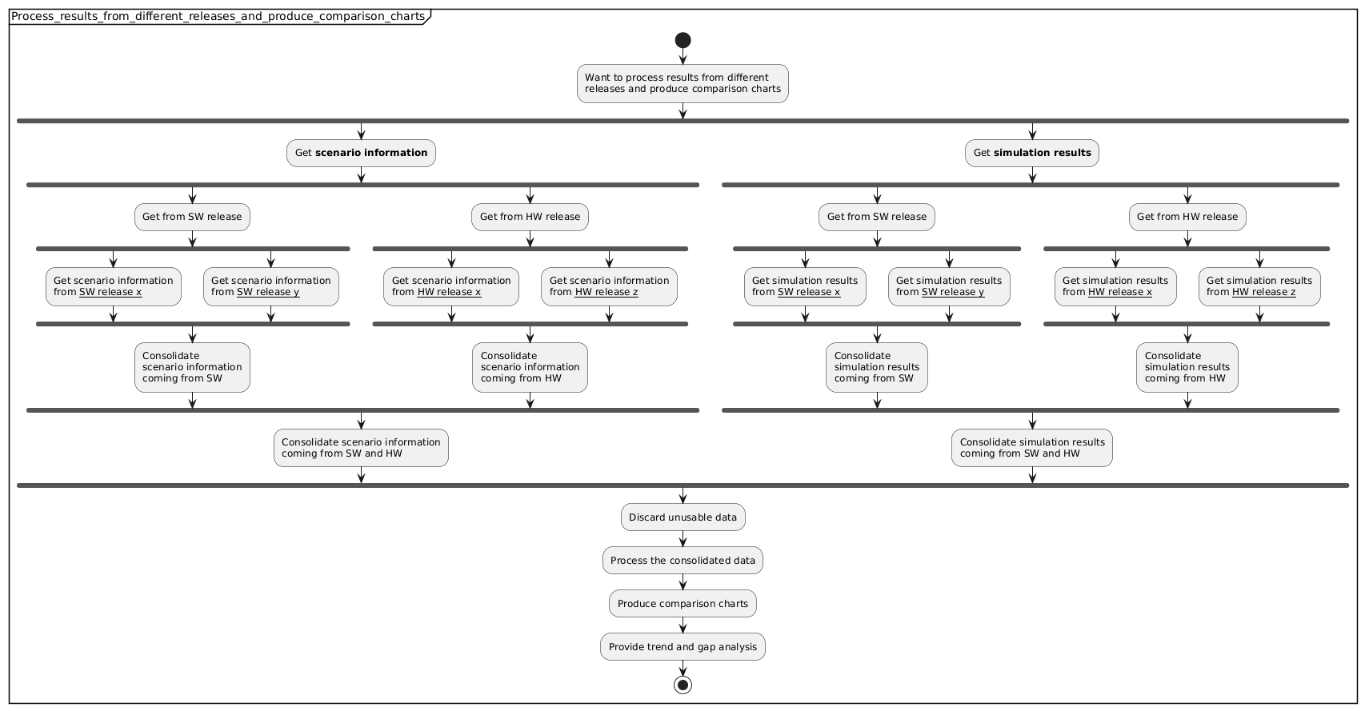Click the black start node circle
point(682,40)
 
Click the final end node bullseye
point(682,685)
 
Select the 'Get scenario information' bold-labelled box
point(361,153)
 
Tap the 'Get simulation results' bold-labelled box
point(1031,153)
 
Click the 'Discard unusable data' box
point(682,517)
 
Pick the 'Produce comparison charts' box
point(682,604)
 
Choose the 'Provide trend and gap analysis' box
point(682,647)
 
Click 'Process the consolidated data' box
point(682,561)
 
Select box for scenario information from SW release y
point(270,286)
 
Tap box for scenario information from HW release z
point(609,286)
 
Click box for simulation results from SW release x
point(805,286)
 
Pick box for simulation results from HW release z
point(1259,286)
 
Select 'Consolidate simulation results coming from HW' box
point(1187,367)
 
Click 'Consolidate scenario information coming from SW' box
point(192,367)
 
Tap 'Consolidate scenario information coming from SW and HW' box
point(361,448)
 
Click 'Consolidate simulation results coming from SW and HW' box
point(1031,448)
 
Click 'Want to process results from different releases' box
point(682,83)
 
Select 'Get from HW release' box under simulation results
point(1187,217)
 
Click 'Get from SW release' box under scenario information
point(192,217)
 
